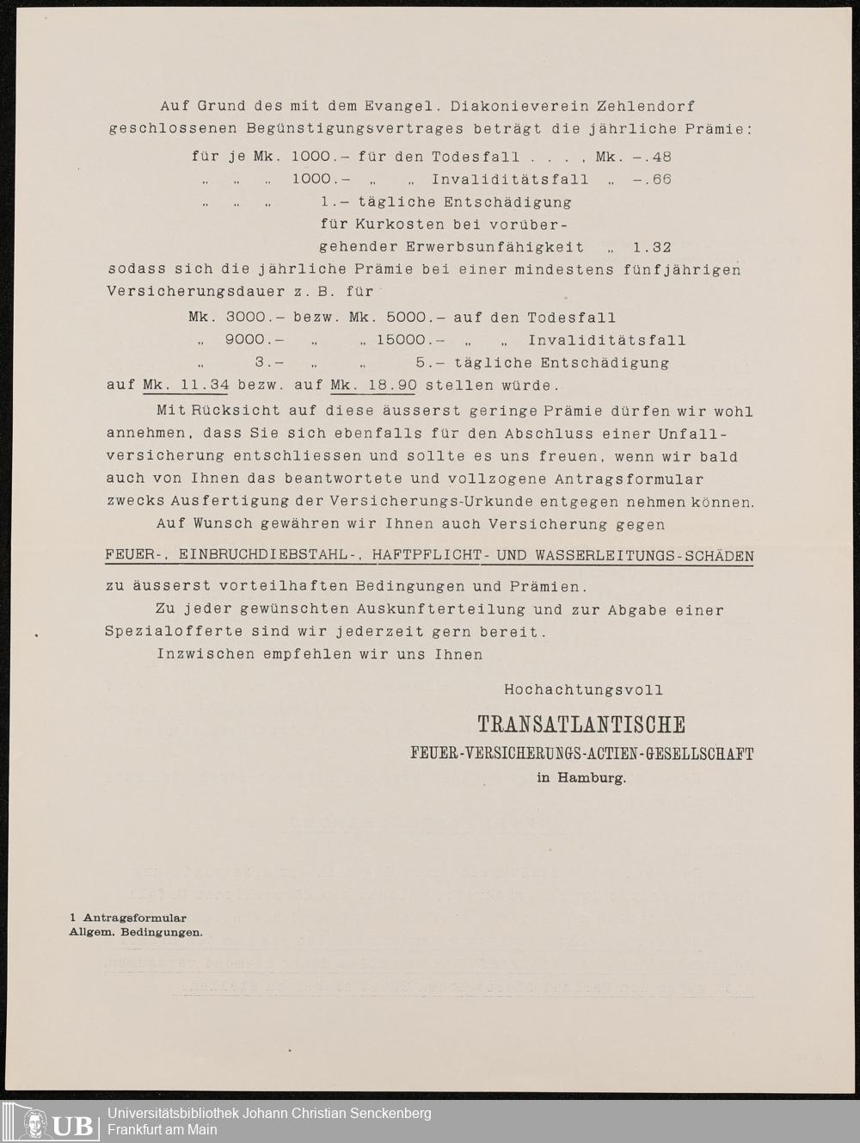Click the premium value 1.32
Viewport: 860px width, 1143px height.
pos(652,248)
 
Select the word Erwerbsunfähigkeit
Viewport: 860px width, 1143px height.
pos(494,248)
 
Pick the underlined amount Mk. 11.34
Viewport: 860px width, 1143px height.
pos(186,386)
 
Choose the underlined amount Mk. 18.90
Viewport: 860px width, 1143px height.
pos(373,386)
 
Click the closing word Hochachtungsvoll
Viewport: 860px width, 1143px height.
pos(583,690)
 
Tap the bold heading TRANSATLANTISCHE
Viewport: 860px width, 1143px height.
pos(581,725)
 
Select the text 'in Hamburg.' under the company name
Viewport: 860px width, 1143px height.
pos(581,778)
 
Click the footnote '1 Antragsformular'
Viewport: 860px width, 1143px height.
pos(128,918)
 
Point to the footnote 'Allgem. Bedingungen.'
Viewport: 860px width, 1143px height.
pos(136,932)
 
